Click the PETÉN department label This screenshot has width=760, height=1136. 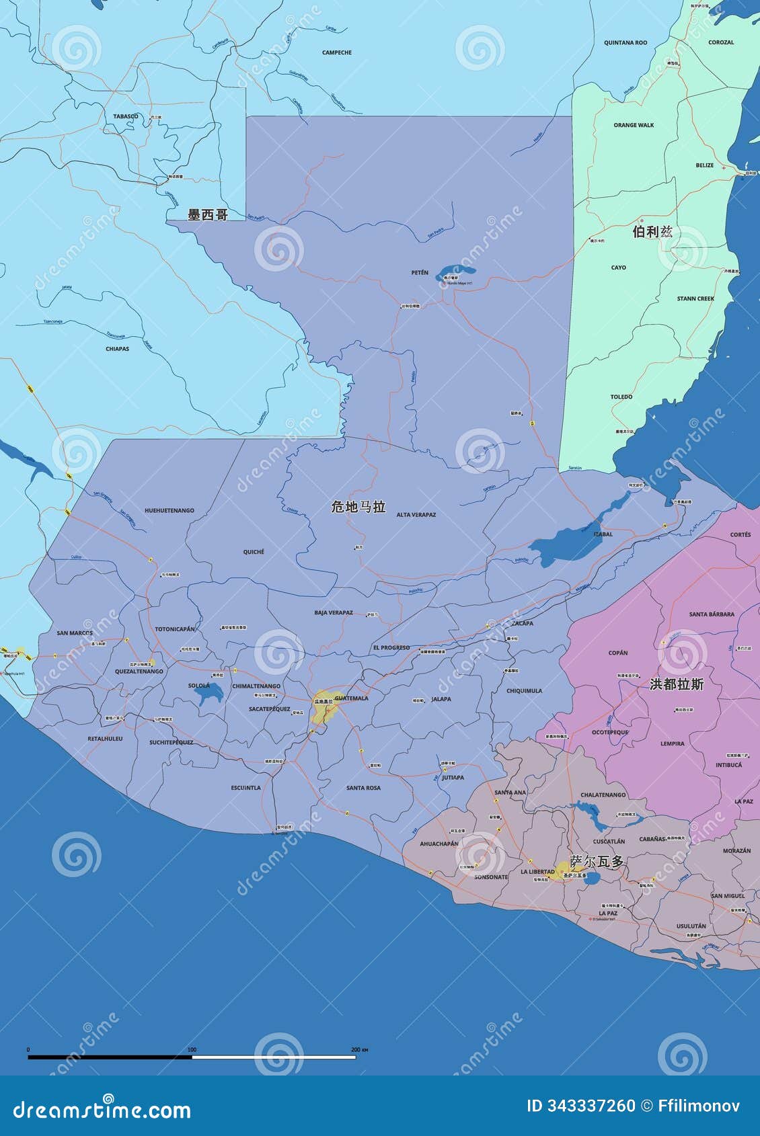click(x=420, y=272)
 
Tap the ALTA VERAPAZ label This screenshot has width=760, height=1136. click(x=416, y=515)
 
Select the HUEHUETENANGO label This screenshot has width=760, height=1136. click(x=169, y=511)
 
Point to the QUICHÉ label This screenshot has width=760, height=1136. click(x=254, y=552)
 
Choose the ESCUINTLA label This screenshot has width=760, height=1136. click(x=245, y=788)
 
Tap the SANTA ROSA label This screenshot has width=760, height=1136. click(x=363, y=788)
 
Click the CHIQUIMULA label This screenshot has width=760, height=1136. click(x=524, y=691)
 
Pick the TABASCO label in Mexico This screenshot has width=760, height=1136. click(x=125, y=116)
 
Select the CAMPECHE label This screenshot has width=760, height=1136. click(x=336, y=52)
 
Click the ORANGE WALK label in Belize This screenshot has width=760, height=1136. click(x=634, y=125)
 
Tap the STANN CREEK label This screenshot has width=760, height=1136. click(x=695, y=298)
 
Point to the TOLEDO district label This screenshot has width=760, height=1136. click(x=621, y=397)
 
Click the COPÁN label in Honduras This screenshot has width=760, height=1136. click(x=617, y=653)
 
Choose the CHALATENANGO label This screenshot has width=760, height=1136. click(x=603, y=795)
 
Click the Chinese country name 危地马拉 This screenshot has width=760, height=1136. click(x=358, y=507)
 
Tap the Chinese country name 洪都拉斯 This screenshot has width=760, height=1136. click(x=677, y=684)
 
